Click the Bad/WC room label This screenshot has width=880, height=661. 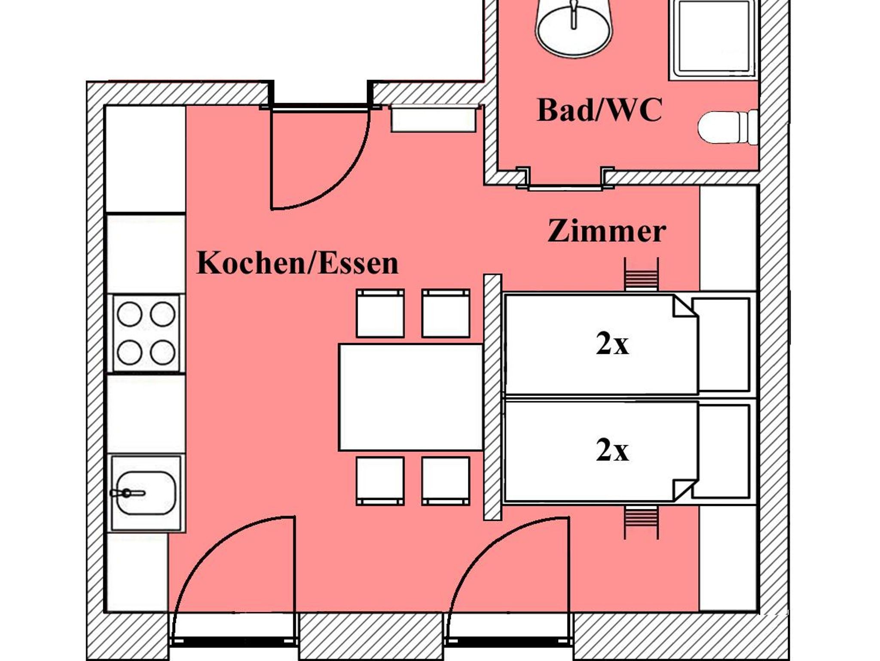[x=599, y=110]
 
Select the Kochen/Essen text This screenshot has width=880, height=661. [x=297, y=263]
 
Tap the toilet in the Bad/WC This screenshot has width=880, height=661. [x=727, y=128]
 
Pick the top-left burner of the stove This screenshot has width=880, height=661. [x=129, y=314]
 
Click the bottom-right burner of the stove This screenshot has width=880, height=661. [x=162, y=352]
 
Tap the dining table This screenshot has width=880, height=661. [x=411, y=397]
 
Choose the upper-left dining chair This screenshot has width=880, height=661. [x=380, y=313]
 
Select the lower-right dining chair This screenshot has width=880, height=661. [x=446, y=481]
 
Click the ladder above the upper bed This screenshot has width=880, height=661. [x=641, y=274]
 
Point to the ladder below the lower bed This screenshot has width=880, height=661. [x=641, y=522]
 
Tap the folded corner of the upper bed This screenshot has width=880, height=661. [x=684, y=307]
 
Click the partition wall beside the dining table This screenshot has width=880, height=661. [x=492, y=397]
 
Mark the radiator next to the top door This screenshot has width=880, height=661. [x=433, y=119]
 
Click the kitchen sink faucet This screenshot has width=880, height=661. [x=127, y=493]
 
